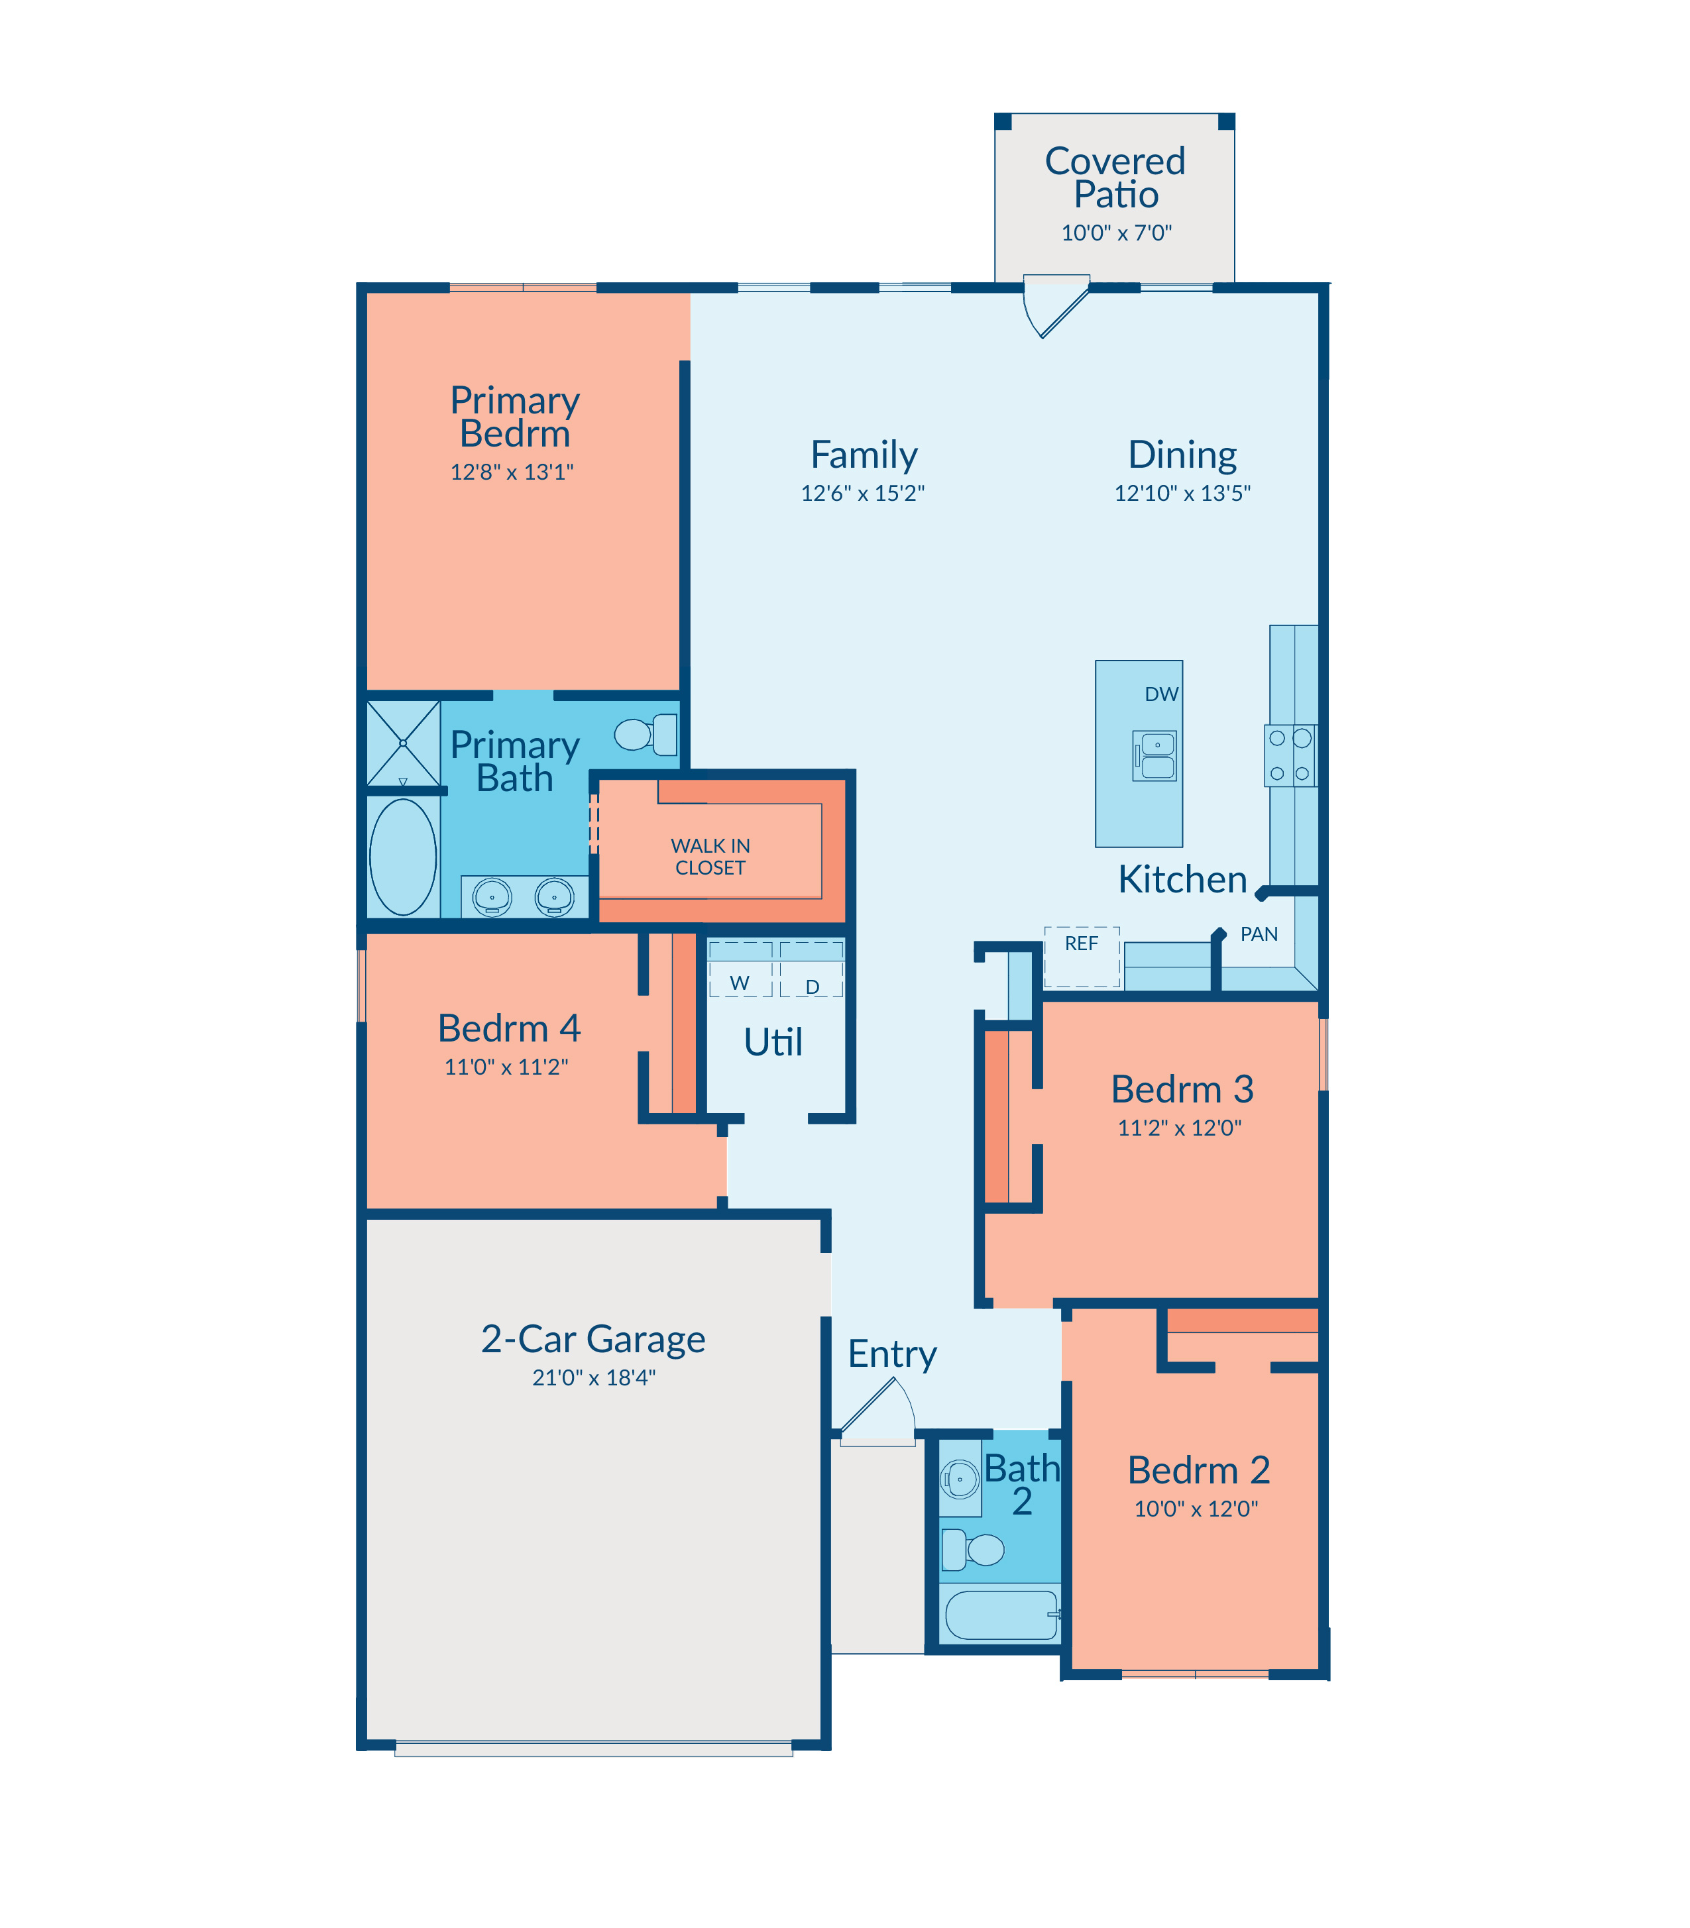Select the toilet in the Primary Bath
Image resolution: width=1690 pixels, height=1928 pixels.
[646, 735]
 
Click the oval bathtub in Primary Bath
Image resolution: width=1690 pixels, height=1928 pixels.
[403, 857]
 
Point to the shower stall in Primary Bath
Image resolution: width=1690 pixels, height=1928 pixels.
[403, 743]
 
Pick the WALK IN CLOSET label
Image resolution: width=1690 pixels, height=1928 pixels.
[710, 856]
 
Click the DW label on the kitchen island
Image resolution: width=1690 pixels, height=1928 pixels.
[1161, 694]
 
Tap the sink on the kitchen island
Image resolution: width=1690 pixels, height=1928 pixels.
[1155, 755]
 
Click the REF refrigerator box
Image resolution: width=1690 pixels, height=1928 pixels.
[1082, 956]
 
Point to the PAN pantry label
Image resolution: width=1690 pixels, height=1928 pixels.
[1259, 934]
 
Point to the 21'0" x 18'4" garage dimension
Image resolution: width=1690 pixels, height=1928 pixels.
[594, 1377]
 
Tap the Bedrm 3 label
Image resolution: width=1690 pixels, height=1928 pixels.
[1182, 1089]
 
